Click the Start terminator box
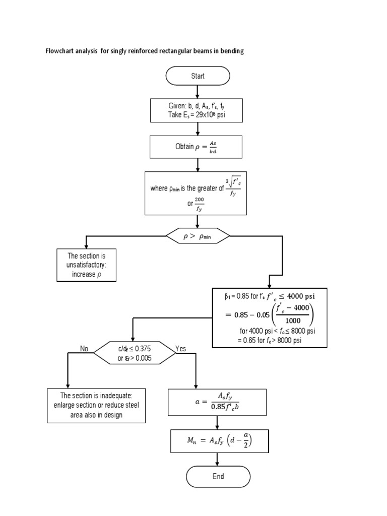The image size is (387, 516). coord(198,76)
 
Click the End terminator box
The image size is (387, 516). coord(218,476)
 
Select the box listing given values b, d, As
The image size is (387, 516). coord(197,110)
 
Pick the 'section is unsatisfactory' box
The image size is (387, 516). coord(86,265)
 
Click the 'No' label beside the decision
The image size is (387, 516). coord(84,349)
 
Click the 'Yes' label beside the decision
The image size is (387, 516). coord(180,349)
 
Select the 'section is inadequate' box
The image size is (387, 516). coord(96,405)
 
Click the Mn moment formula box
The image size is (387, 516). coord(218,441)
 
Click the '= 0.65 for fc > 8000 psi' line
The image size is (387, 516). coord(270,340)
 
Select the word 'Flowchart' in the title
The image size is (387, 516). coord(59,52)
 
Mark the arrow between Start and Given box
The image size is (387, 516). coord(197,91)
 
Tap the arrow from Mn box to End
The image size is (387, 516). coord(218,459)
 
